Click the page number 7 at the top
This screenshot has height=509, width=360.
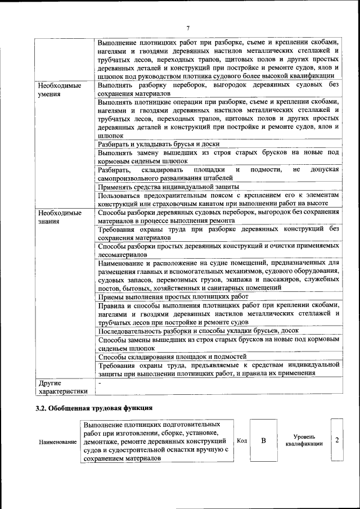(188, 28)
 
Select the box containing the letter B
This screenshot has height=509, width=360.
(263, 440)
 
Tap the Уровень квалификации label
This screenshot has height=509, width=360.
(304, 440)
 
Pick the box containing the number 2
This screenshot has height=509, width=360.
(336, 440)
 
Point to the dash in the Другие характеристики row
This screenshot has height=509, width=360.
(100, 382)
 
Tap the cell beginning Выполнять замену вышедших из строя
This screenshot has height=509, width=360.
(218, 157)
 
